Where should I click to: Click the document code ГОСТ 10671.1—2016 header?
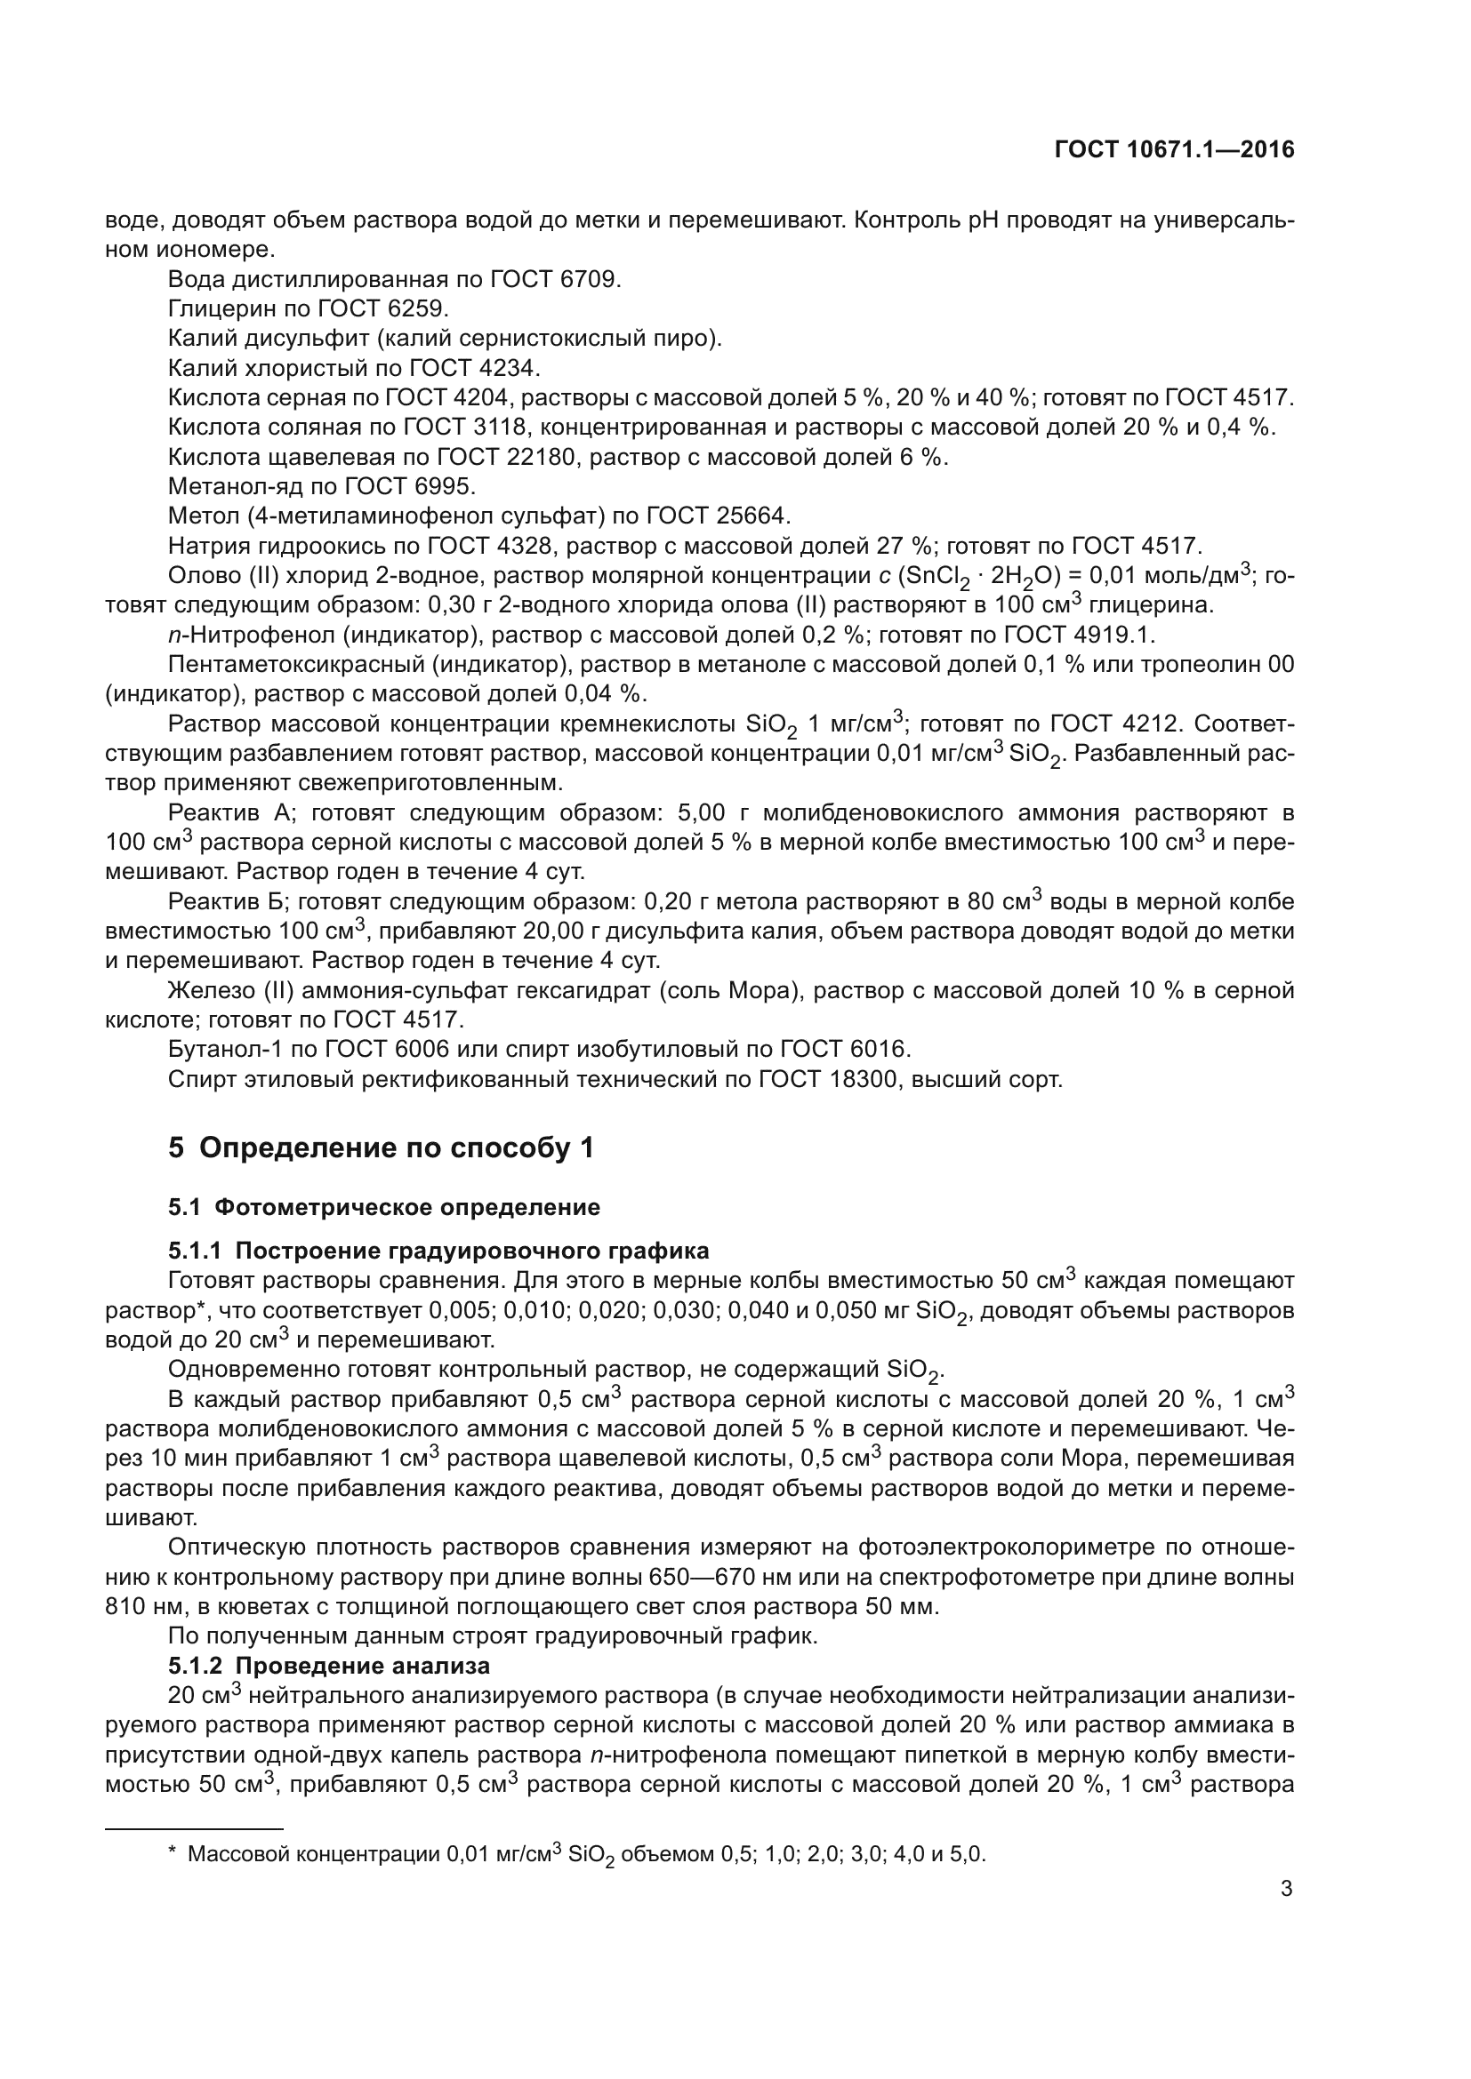tap(1174, 150)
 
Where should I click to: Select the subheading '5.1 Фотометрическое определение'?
tap(384, 1207)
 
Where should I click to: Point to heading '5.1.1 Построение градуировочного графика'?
tap(438, 1251)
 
